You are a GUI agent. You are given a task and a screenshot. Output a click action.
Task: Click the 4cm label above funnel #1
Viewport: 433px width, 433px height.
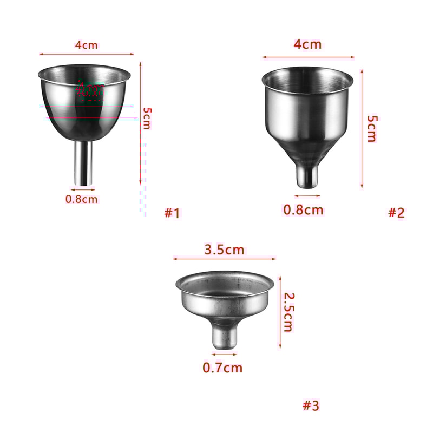[86, 45]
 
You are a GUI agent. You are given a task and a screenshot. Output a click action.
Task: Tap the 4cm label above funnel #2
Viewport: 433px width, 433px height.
[307, 44]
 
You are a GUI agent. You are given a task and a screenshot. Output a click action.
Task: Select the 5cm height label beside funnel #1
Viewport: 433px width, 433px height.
[148, 118]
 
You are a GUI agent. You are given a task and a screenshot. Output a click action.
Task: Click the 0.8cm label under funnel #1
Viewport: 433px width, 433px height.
[82, 199]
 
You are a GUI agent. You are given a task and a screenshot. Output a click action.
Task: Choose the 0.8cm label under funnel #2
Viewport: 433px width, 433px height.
[303, 209]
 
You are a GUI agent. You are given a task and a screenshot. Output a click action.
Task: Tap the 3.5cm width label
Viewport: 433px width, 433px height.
[225, 250]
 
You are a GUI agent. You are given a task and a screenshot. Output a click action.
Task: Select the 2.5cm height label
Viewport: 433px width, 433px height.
[289, 312]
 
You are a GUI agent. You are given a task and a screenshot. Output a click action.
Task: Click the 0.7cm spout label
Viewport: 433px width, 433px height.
[222, 368]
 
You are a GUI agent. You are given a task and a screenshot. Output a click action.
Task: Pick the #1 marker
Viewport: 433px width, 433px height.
[172, 213]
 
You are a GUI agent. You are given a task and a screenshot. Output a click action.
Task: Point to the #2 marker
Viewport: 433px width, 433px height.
[396, 213]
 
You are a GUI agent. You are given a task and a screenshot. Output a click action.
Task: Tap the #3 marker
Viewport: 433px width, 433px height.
[311, 405]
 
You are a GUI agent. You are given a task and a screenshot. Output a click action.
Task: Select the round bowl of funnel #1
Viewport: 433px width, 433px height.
[86, 100]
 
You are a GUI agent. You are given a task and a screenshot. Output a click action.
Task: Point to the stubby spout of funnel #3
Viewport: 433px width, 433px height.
[224, 334]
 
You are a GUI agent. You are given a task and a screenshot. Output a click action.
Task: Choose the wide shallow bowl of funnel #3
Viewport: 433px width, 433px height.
[225, 295]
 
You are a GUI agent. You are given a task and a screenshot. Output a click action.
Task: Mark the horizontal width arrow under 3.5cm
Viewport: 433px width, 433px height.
[225, 259]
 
